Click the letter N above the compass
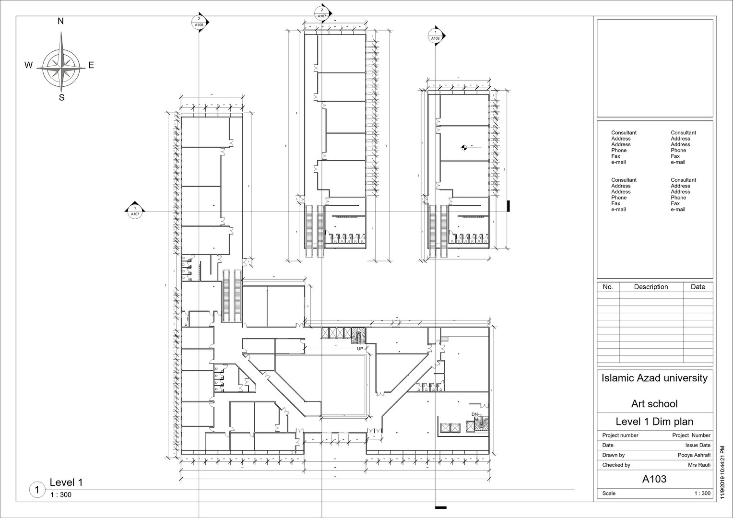(61, 21)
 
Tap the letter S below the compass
(61, 98)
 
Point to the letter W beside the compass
(29, 66)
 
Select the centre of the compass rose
(61, 64)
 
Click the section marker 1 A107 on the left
(135, 212)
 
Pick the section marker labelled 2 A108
(199, 22)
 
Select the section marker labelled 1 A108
(436, 35)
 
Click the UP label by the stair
(360, 349)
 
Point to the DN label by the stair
(475, 414)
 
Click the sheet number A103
(654, 479)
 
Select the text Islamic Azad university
(654, 378)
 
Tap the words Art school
(654, 404)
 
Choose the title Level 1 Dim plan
(654, 422)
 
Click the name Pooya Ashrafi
(694, 455)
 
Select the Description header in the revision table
(650, 287)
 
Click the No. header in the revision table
(608, 287)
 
